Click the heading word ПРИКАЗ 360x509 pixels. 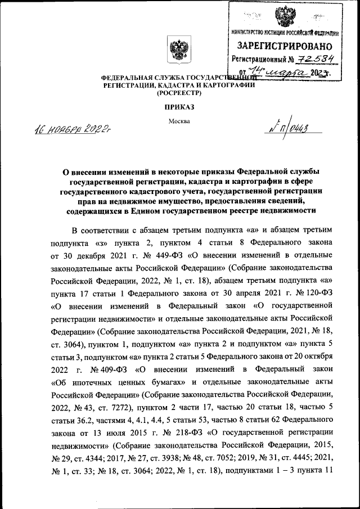179,107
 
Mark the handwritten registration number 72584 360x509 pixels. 311,58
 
